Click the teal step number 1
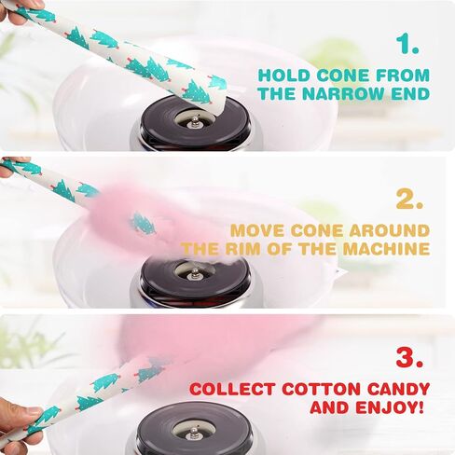point(407,44)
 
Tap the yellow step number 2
point(409,199)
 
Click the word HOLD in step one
point(283,76)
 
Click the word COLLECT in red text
point(233,389)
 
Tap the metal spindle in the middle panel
point(195,274)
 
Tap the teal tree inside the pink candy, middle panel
point(143,224)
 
